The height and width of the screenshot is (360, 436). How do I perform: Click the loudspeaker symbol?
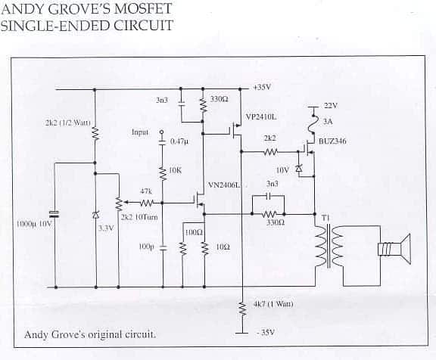pos(395,249)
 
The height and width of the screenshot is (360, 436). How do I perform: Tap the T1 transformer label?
pos(325,218)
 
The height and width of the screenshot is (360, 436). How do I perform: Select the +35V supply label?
pos(262,88)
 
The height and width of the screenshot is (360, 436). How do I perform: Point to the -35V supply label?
pos(266,333)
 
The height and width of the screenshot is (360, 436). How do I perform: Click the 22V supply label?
pos(331,106)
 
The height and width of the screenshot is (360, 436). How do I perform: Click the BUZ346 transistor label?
pos(332,141)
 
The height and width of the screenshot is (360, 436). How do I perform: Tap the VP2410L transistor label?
pos(261,117)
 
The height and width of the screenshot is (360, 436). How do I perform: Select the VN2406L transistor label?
pos(224,185)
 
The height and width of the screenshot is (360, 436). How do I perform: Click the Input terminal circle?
pos(162,132)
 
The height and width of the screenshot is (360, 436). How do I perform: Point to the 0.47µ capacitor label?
pos(179,141)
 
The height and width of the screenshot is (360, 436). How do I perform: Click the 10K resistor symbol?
pos(162,173)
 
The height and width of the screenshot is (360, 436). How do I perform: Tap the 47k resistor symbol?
pos(146,203)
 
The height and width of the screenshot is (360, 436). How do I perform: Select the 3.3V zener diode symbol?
pos(95,215)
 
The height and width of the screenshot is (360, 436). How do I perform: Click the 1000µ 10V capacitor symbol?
pos(54,213)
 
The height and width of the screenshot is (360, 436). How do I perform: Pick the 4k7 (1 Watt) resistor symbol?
pos(243,309)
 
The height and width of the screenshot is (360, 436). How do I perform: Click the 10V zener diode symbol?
pos(299,169)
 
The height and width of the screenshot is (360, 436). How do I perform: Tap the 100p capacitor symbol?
pos(163,248)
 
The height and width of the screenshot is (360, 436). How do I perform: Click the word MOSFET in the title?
pos(143,8)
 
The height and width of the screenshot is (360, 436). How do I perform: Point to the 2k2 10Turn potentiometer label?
pos(139,217)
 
